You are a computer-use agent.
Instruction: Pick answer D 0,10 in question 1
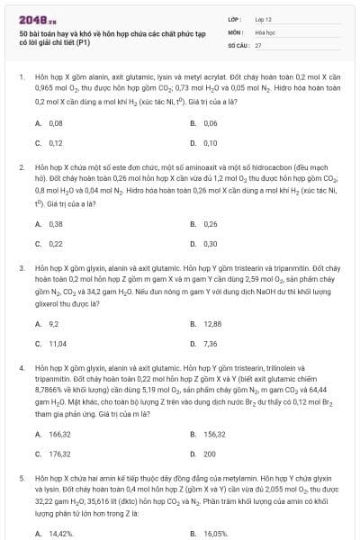210,142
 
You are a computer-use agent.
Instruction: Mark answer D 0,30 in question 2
210,243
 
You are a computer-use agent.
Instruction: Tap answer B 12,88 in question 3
212,323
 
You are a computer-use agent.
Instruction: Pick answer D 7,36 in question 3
210,343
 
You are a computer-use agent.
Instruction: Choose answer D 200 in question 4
209,454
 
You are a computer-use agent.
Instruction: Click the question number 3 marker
21,268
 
